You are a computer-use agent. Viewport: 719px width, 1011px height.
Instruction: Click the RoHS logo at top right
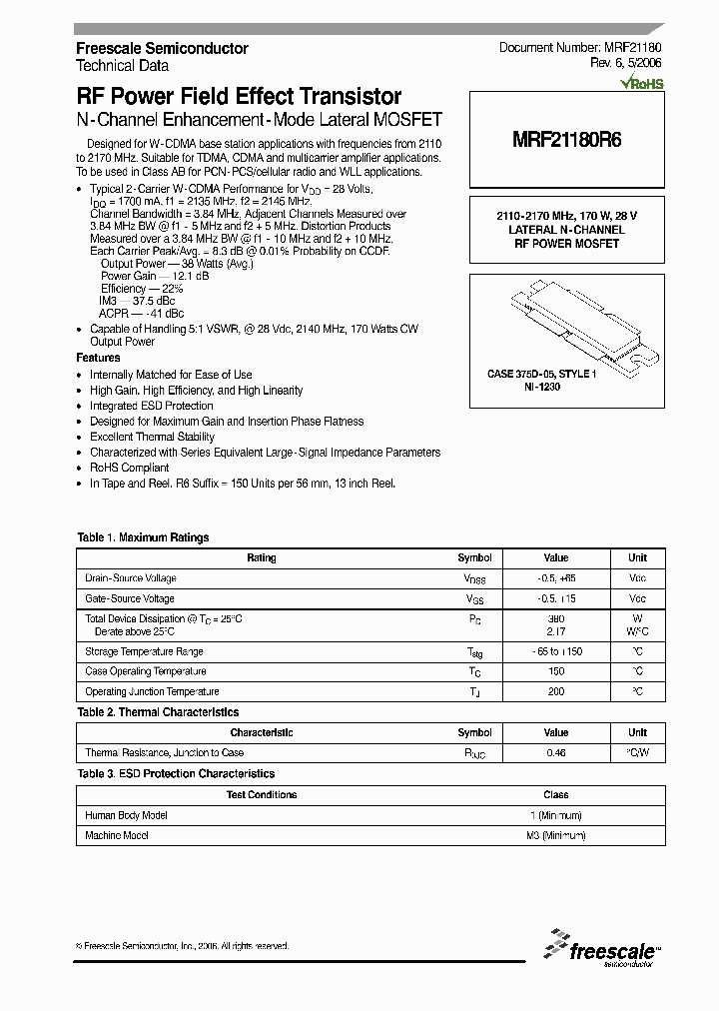click(640, 84)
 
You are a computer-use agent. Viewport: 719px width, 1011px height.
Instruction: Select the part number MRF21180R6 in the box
click(566, 141)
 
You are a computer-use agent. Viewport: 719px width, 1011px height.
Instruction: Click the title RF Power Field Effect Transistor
click(239, 97)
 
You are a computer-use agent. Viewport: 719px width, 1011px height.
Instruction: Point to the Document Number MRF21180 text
click(579, 48)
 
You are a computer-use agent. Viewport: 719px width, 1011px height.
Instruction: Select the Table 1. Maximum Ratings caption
click(143, 537)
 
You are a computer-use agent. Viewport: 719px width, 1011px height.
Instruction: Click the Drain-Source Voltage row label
click(131, 578)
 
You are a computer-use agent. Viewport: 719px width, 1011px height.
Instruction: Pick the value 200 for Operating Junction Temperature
click(556, 691)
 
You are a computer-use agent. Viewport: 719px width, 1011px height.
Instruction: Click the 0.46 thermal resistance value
click(556, 752)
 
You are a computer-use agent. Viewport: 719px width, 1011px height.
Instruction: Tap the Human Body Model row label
click(126, 815)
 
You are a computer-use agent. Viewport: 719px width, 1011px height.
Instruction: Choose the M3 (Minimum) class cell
click(556, 835)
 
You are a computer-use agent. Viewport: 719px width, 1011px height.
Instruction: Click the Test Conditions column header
click(262, 795)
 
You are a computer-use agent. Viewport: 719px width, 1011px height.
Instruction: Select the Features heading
click(98, 358)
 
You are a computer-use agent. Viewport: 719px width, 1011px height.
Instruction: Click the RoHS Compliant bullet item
click(130, 468)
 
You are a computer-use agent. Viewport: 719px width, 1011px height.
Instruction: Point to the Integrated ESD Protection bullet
click(152, 406)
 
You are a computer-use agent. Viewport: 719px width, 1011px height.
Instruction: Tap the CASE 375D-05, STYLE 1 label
click(542, 375)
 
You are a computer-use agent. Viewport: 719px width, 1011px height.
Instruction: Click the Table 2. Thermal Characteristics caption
click(158, 712)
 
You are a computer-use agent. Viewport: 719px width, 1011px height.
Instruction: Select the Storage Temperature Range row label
click(144, 651)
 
